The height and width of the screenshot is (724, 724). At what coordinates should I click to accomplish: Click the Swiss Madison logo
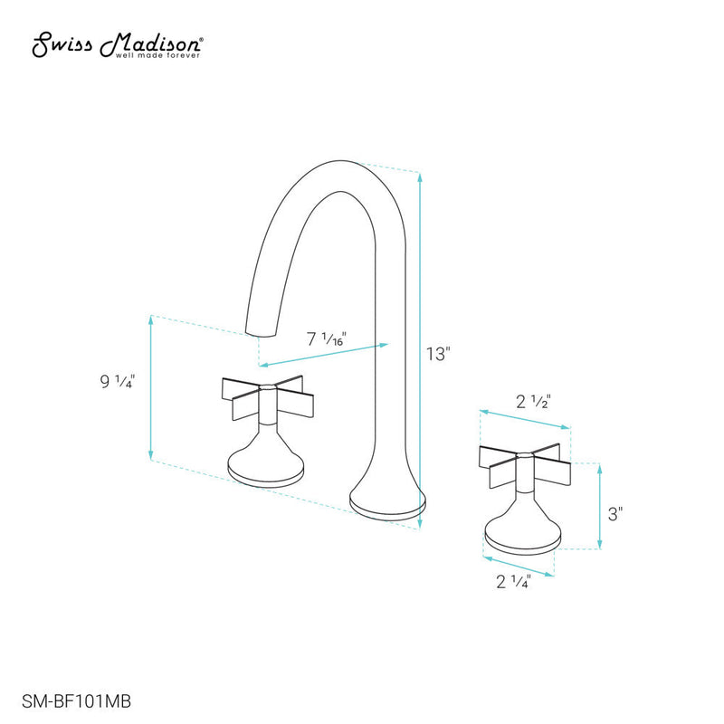119,44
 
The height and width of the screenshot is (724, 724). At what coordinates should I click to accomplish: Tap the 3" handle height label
616,513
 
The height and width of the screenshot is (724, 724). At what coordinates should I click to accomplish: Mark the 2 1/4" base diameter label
513,581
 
